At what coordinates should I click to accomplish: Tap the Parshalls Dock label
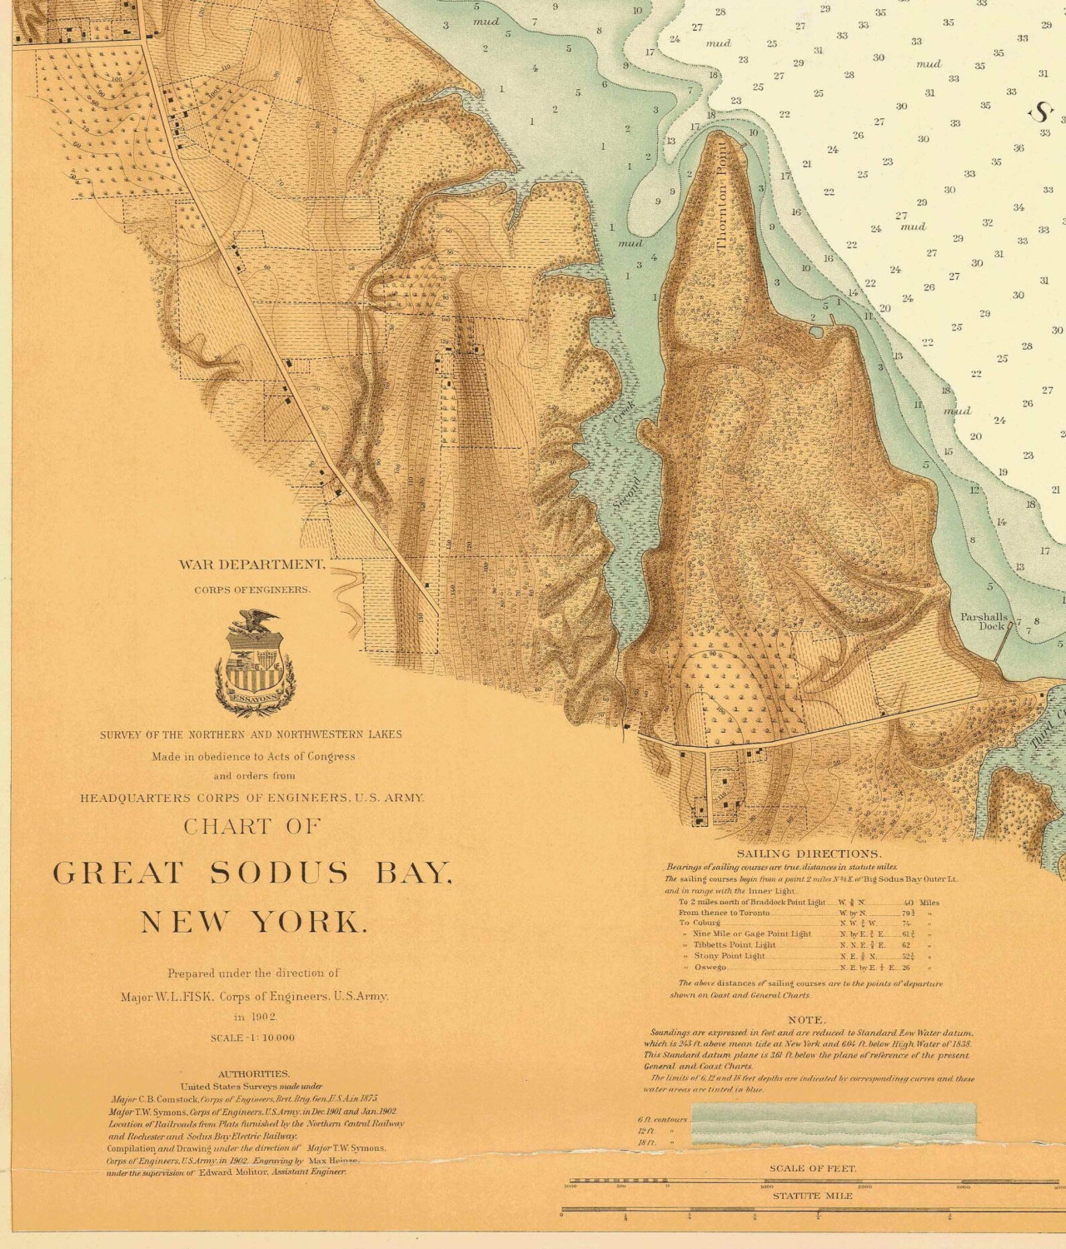tap(983, 621)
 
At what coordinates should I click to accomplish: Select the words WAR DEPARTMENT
tap(252, 564)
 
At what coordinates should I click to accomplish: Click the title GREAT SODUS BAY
tap(252, 873)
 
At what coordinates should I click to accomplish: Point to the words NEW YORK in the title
tap(254, 922)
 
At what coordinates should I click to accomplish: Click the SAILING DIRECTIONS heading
tap(809, 854)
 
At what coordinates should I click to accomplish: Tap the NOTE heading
tap(806, 1019)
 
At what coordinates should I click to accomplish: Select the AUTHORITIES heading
tap(254, 1074)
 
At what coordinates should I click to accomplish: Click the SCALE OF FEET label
tap(812, 1168)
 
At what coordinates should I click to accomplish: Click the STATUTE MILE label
tap(812, 1196)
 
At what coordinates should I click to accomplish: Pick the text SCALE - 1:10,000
tap(252, 1038)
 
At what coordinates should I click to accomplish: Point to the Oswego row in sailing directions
tap(710, 967)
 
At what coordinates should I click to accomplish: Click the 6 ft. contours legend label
tap(662, 1119)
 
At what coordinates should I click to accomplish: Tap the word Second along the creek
tap(626, 493)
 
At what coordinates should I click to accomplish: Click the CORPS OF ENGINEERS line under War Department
tap(252, 590)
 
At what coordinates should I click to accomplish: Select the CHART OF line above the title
tap(252, 827)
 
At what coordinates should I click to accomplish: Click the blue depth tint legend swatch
tap(833, 1123)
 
